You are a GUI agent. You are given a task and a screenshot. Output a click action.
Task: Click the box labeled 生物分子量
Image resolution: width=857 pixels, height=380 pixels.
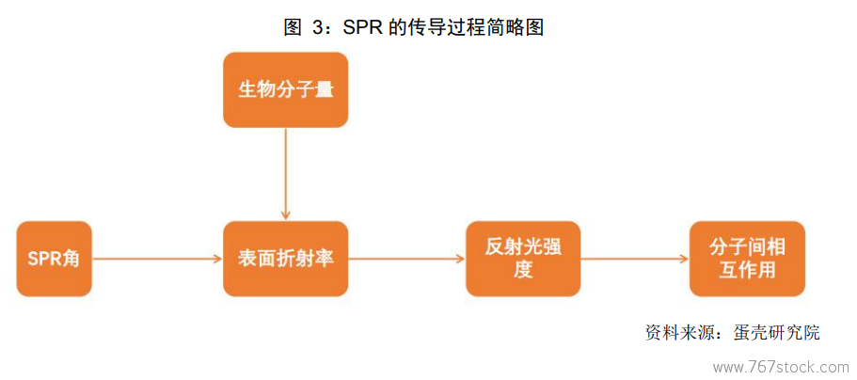coord(285,89)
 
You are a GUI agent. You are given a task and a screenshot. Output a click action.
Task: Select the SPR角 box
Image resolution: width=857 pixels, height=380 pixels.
coord(55,259)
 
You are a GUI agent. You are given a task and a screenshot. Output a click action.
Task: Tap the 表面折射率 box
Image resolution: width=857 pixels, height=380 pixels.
coord(285,259)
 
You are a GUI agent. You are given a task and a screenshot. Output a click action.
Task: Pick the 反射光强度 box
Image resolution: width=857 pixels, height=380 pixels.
coord(523,259)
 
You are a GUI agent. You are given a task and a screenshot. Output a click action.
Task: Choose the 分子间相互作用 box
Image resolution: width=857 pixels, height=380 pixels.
coord(747,259)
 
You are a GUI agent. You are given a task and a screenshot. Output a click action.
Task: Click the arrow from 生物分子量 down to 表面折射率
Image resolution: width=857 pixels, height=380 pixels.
coord(285,174)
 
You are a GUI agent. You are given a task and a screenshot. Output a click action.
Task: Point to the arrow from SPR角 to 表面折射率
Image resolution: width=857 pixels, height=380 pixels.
coord(157,260)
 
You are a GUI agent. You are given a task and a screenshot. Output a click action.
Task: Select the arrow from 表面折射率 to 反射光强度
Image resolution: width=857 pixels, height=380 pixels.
coord(406,260)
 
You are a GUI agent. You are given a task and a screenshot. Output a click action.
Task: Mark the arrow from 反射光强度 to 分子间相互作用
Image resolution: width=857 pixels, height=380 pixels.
coord(635,260)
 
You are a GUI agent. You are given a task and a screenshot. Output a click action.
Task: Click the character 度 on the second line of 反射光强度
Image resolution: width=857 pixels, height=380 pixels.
coord(523,270)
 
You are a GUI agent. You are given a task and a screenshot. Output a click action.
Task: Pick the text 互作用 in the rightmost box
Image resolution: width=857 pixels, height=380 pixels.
coord(747,270)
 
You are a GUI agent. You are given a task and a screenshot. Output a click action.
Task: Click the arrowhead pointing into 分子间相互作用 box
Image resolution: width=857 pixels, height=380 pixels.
coord(684,260)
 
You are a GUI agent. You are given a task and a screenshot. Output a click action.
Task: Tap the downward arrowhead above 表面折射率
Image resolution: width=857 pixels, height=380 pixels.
coord(285,215)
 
